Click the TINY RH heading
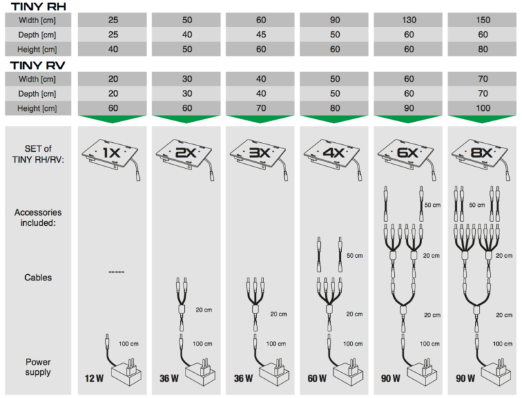[38, 6]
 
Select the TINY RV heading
[37, 65]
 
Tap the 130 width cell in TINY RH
[408, 20]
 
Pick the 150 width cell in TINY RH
[482, 20]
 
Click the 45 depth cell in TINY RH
[260, 35]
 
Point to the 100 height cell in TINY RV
[482, 108]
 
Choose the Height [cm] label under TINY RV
[37, 108]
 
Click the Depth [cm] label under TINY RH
[37, 35]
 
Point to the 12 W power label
[94, 378]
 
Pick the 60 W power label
[317, 378]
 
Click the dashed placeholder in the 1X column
[116, 272]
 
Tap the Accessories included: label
[38, 217]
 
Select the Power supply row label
[38, 367]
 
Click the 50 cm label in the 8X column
[476, 205]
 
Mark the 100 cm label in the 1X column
[128, 344]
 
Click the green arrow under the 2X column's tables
[186, 118]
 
